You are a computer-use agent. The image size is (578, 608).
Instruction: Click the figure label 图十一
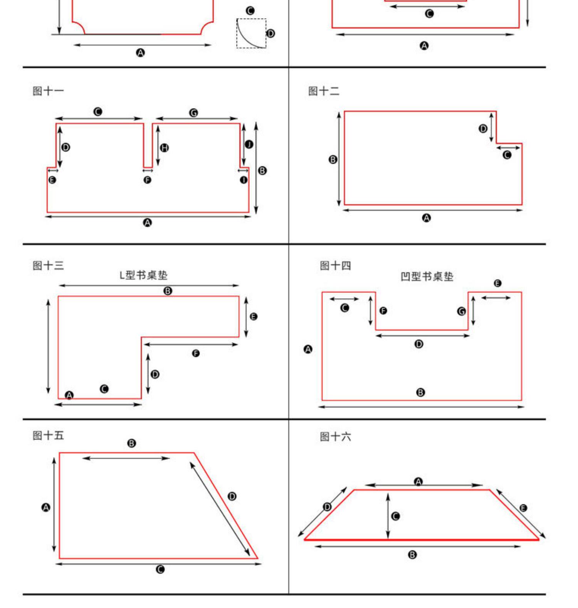click(x=48, y=91)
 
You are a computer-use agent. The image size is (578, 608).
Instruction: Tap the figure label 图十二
click(x=324, y=91)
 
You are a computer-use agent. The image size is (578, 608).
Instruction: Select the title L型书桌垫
click(x=143, y=275)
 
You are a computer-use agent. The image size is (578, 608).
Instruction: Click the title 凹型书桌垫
click(x=427, y=277)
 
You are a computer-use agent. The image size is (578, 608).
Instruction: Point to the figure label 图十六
click(x=335, y=437)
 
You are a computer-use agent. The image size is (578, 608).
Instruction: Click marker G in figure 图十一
click(x=194, y=113)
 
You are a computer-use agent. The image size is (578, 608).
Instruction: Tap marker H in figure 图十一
click(x=165, y=148)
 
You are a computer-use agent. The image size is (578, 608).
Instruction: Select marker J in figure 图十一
click(x=249, y=144)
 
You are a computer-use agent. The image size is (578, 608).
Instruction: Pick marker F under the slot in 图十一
click(x=147, y=180)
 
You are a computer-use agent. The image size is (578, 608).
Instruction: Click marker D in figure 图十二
click(x=483, y=129)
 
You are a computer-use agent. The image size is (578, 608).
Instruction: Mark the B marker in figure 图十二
click(x=333, y=160)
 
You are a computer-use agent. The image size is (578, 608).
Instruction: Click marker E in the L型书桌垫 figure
click(x=254, y=317)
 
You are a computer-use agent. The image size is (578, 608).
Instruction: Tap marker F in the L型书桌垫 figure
click(x=196, y=353)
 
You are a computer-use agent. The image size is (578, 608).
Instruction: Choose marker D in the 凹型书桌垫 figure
click(x=419, y=344)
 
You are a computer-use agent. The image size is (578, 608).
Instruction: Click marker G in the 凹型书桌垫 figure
click(x=461, y=311)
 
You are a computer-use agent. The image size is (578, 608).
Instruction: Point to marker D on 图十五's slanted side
click(x=232, y=496)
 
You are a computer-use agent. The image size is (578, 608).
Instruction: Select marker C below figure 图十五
click(x=160, y=569)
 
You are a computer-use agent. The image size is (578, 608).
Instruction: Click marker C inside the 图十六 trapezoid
click(x=395, y=516)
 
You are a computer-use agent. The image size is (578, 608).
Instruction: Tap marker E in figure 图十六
click(x=523, y=508)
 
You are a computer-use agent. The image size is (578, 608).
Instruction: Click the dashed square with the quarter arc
click(x=251, y=34)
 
